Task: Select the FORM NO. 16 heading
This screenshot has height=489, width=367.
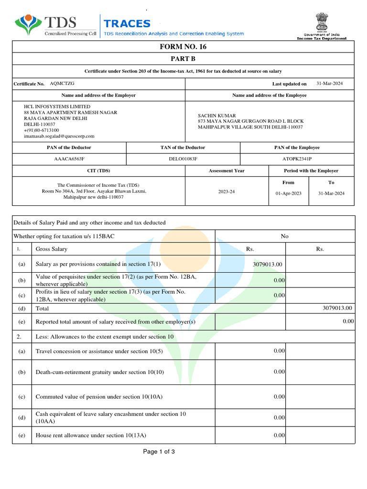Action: click(183, 47)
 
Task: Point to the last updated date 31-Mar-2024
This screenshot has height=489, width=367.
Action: click(329, 84)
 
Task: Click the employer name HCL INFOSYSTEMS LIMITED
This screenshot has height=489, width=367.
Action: click(57, 106)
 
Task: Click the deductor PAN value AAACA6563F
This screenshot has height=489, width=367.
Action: click(69, 159)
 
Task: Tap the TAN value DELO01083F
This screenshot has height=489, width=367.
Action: click(183, 159)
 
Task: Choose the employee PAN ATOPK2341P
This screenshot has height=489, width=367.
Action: click(297, 159)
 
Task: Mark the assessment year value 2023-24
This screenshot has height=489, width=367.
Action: click(227, 191)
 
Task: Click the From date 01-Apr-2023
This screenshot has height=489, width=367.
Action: click(289, 193)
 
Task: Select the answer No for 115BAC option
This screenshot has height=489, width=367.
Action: click(285, 236)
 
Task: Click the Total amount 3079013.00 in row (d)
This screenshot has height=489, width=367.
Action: click(337, 308)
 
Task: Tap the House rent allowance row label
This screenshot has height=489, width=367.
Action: click(91, 435)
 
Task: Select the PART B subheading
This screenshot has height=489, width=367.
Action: click(183, 59)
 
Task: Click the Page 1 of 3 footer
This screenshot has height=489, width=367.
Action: click(159, 451)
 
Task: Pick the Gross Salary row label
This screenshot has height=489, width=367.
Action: click(52, 249)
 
